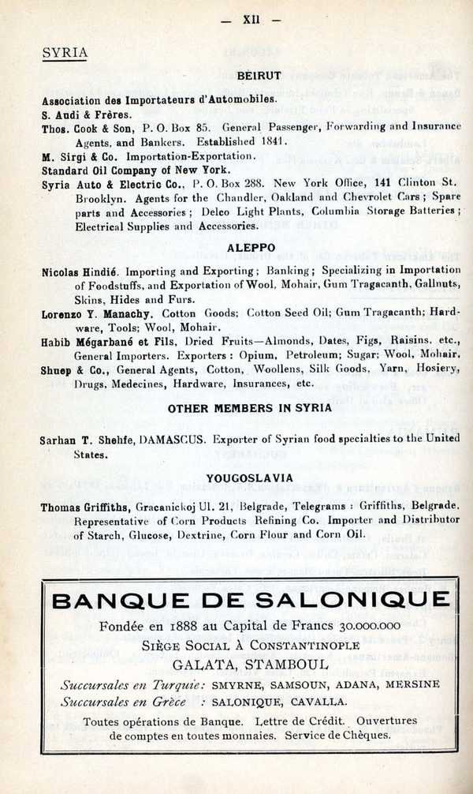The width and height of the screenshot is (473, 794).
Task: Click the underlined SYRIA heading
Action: [x=65, y=53]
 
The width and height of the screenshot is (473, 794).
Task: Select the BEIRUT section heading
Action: [x=259, y=76]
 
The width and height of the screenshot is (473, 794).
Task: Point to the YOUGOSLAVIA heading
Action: [x=250, y=478]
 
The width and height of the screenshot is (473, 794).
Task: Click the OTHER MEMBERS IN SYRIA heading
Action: [x=250, y=409]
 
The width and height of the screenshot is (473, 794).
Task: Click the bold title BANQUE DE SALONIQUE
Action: [x=250, y=601]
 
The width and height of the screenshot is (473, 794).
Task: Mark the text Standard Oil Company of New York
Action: [x=136, y=170]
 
